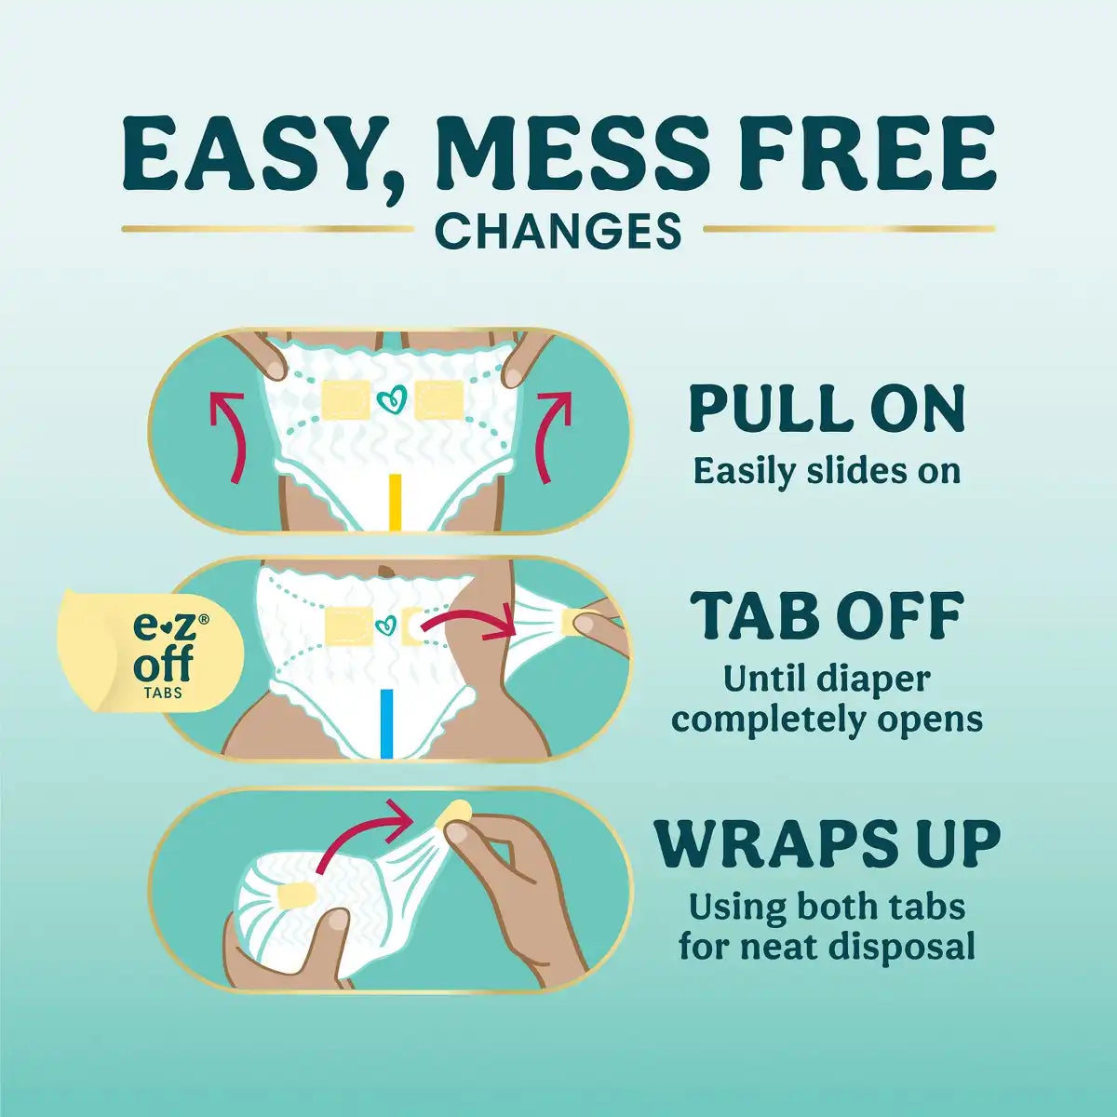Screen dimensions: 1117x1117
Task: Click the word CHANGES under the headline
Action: (558, 230)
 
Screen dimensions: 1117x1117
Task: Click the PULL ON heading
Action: (827, 408)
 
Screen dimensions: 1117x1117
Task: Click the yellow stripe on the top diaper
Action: (396, 502)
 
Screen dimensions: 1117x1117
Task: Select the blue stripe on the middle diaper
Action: (386, 723)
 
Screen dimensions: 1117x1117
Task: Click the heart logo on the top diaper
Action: (391, 398)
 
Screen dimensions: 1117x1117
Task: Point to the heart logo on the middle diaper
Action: (384, 626)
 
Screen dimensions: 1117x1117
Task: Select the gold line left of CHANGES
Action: (268, 229)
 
